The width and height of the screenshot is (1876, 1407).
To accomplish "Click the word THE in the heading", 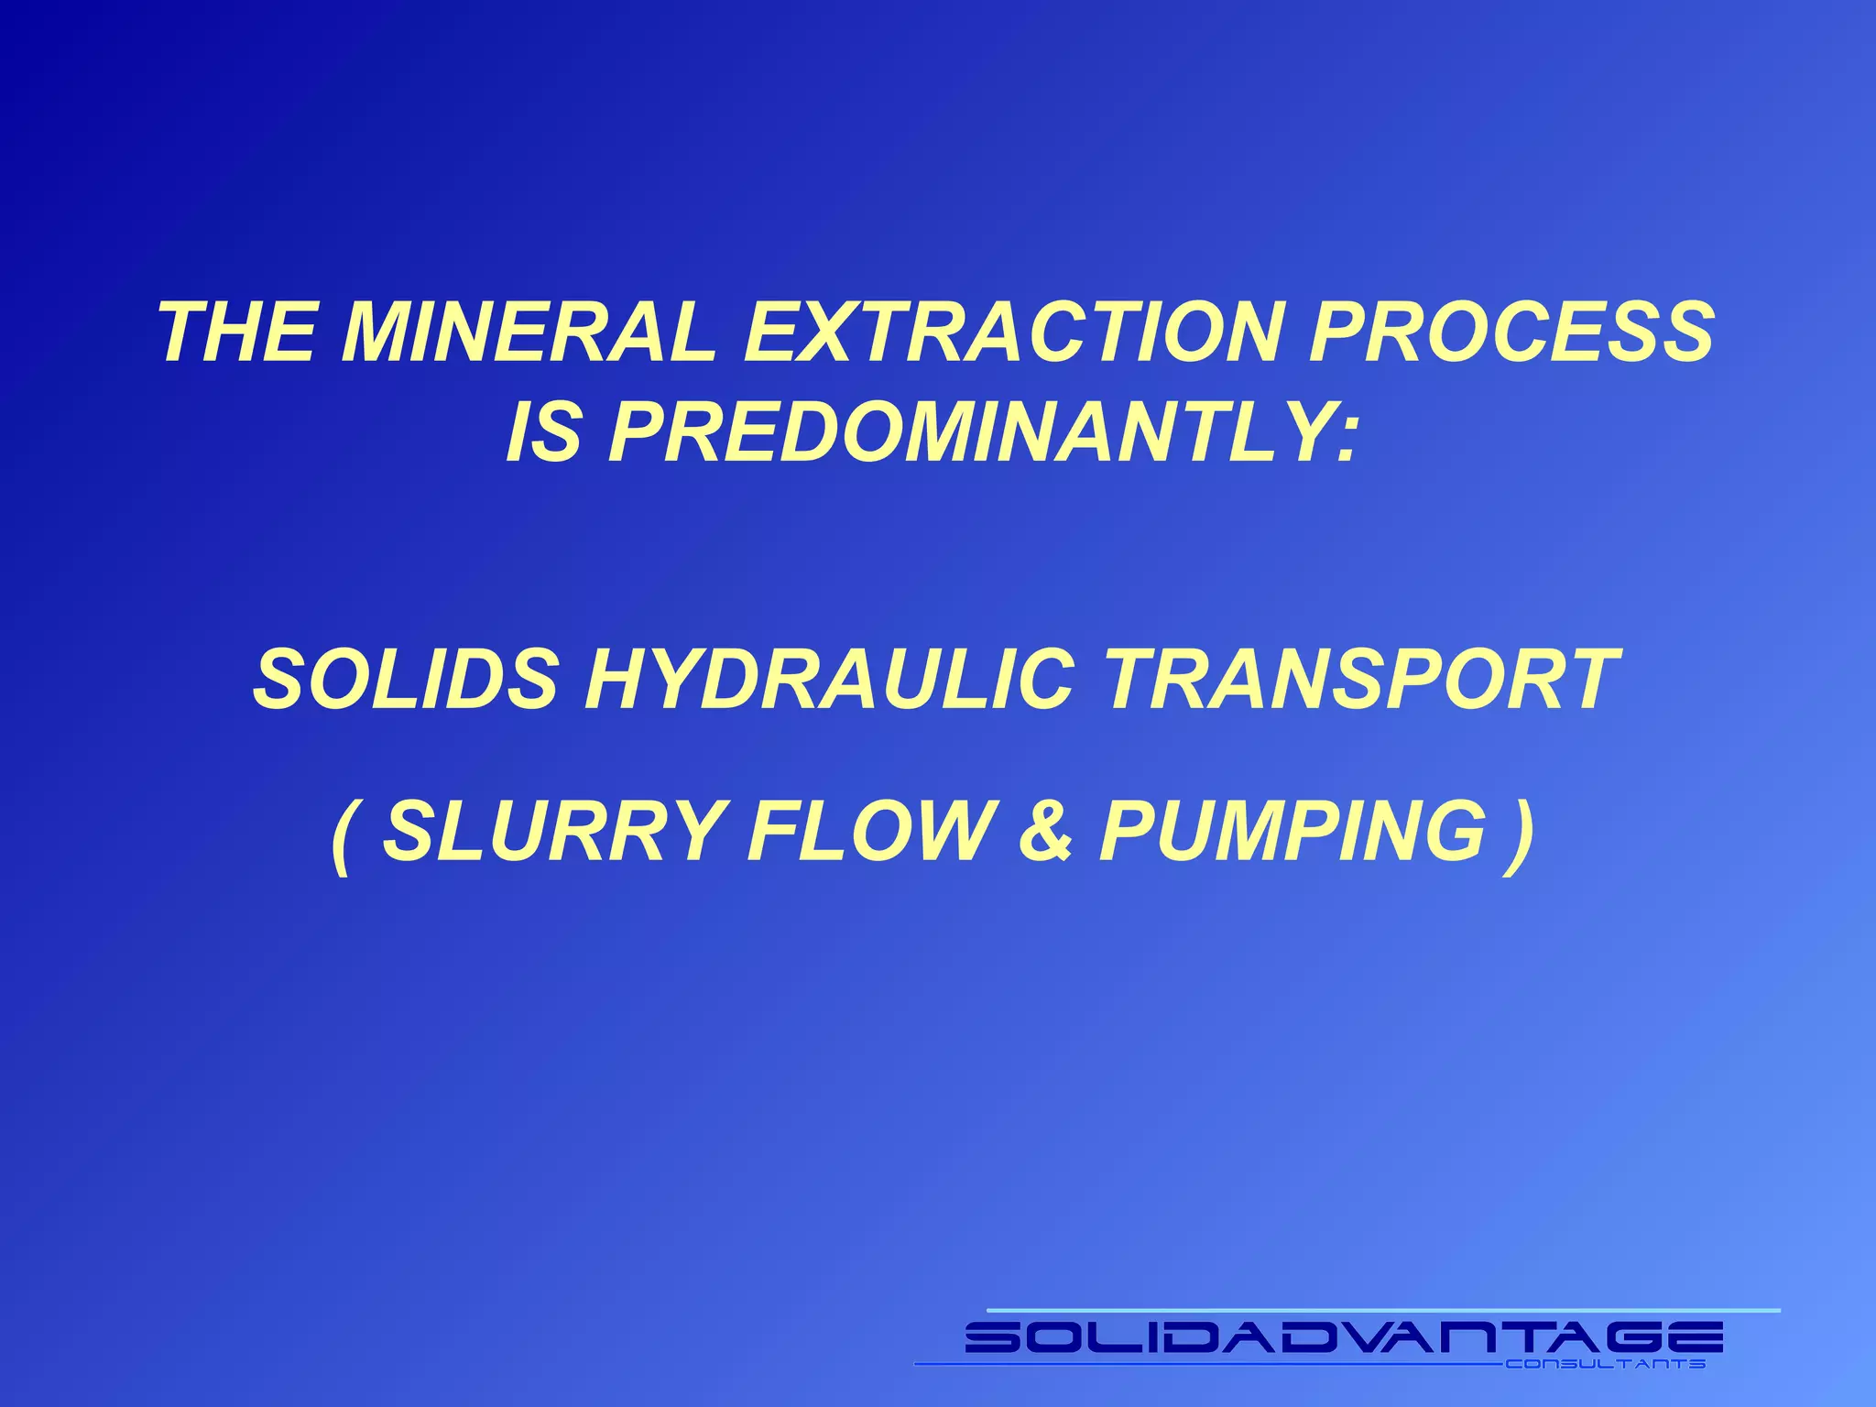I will pyautogui.click(x=239, y=332).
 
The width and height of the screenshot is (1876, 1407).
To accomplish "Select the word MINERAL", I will pyautogui.click(x=529, y=332).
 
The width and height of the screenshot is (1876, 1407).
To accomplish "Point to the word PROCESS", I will pyautogui.click(x=1511, y=332).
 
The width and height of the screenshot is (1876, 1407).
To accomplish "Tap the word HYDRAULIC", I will pyautogui.click(x=830, y=679).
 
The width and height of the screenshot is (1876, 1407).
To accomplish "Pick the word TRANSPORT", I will pyautogui.click(x=1364, y=679).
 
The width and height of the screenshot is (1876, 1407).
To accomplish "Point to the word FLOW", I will pyautogui.click(x=869, y=830).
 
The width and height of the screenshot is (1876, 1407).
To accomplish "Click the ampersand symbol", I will pyautogui.click(x=1044, y=830).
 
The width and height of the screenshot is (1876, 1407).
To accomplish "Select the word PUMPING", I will pyautogui.click(x=1292, y=830).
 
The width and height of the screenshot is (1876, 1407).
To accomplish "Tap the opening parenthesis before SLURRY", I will pyautogui.click(x=341, y=834).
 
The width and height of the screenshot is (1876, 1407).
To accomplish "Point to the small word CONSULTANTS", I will pyautogui.click(x=1606, y=1365).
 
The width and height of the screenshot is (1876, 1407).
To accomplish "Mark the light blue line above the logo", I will pyautogui.click(x=1383, y=1311).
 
